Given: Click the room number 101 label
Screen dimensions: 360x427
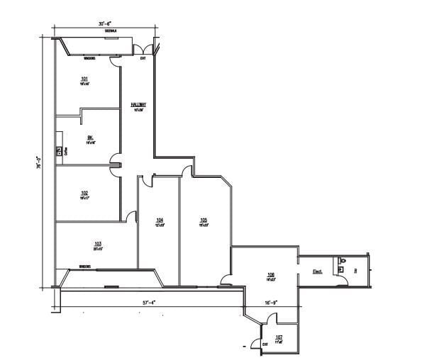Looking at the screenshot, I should pos(84,78).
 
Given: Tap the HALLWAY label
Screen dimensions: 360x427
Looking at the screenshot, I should pos(138,104).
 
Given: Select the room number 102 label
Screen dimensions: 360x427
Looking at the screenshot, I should pos(84,193).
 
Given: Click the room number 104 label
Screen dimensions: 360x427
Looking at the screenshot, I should pos(160,220).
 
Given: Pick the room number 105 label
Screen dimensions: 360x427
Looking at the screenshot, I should pos(203,220).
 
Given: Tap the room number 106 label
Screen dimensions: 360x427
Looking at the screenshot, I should pos(270,275).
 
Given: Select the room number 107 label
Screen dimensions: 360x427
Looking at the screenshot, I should pos(279,337).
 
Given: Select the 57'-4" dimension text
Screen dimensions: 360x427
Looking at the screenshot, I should pos(148,302).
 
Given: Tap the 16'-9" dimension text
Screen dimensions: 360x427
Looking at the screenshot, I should pos(271,302).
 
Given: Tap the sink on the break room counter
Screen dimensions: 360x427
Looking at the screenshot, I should pos(59,150).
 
